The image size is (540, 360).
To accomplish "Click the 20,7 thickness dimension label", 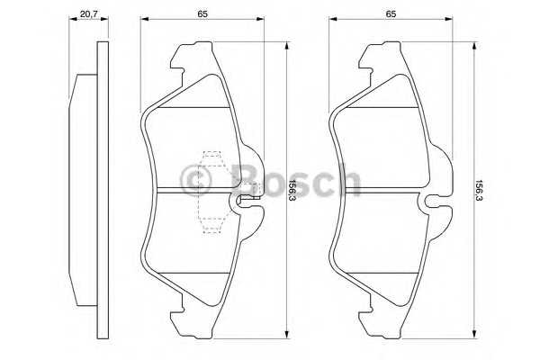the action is coord(89,14).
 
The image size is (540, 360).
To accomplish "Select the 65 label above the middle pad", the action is coord(202,14).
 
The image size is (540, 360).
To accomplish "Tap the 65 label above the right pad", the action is coord(391,14).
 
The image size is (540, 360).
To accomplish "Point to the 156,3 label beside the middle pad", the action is coord(292,191).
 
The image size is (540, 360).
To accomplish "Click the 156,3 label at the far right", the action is coord(480,191).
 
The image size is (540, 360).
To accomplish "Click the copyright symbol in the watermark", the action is coord(195,181).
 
